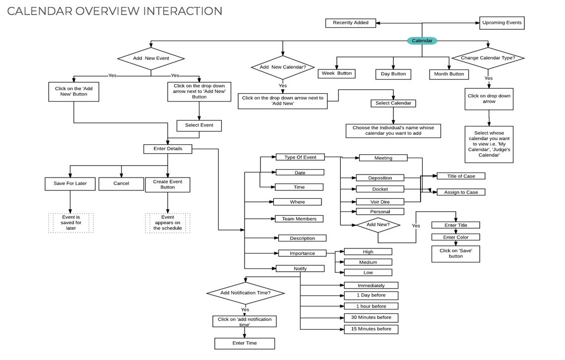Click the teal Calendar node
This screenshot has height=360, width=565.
pos(422,41)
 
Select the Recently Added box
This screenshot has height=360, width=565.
pos(351,23)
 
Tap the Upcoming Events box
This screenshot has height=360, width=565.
pos(502,23)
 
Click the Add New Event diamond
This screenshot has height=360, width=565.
pos(151,59)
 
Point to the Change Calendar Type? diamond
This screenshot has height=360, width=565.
pos(488,58)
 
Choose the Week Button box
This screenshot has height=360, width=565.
pos(336,73)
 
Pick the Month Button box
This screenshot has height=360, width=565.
pos(449,74)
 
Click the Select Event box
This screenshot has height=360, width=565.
pos(199,125)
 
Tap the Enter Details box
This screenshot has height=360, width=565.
pos(168,149)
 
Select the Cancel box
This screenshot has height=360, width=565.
pos(121,184)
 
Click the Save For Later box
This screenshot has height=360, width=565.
pos(70,184)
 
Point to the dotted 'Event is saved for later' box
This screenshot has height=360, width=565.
pos(71,223)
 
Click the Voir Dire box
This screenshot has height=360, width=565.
pos(380,202)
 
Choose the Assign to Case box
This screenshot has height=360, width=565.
pos(461,192)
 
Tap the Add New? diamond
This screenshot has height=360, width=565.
pos(378,225)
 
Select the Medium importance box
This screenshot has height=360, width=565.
pos(368,262)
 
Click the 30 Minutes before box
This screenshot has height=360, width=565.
pos(371,318)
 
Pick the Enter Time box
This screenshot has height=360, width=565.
pos(245,344)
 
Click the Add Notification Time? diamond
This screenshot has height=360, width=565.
pos(246,293)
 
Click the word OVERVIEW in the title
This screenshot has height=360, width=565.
pos(108,11)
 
